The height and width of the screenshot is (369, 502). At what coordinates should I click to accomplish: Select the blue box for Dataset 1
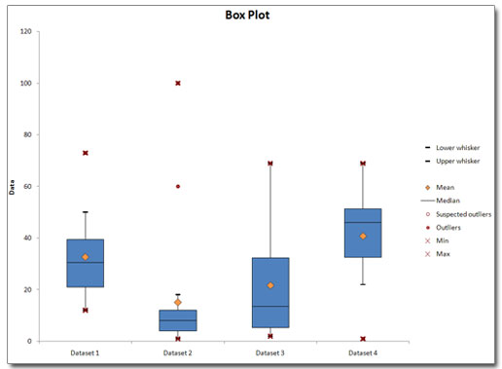[86, 263]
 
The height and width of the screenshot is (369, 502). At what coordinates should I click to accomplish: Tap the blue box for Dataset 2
[178, 320]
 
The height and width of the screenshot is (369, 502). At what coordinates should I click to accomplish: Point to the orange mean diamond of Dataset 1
[86, 257]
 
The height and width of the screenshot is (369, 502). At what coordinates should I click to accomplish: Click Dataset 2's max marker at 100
[178, 83]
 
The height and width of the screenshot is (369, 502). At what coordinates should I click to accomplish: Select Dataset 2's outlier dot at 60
[178, 186]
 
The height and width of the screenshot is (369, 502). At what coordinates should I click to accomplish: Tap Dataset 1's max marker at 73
[86, 153]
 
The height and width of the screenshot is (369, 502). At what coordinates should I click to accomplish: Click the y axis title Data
[12, 187]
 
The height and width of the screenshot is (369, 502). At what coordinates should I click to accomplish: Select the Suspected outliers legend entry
[463, 213]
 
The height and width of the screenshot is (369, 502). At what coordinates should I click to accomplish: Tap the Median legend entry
[448, 200]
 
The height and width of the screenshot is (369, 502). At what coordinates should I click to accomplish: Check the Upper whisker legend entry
[457, 161]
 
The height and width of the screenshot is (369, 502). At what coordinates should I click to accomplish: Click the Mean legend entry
[446, 187]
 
